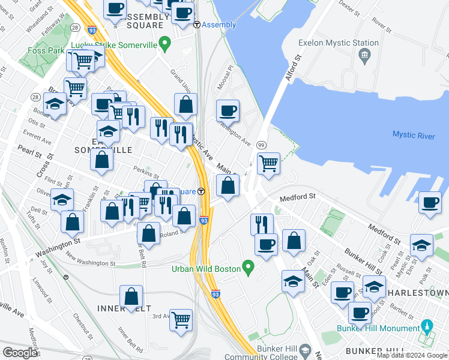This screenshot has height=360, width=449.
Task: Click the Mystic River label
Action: [413, 136]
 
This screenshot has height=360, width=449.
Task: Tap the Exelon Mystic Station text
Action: [341, 43]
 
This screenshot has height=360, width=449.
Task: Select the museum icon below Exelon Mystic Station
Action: [364, 56]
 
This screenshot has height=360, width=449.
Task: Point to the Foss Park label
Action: [47, 51]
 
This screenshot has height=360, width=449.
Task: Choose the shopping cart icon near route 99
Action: [268, 163]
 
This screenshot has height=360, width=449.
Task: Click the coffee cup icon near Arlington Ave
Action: [228, 111]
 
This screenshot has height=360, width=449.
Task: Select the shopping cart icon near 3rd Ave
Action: [181, 320]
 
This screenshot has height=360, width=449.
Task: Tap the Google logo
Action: [20, 352]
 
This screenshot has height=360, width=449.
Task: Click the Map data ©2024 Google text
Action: [411, 355]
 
